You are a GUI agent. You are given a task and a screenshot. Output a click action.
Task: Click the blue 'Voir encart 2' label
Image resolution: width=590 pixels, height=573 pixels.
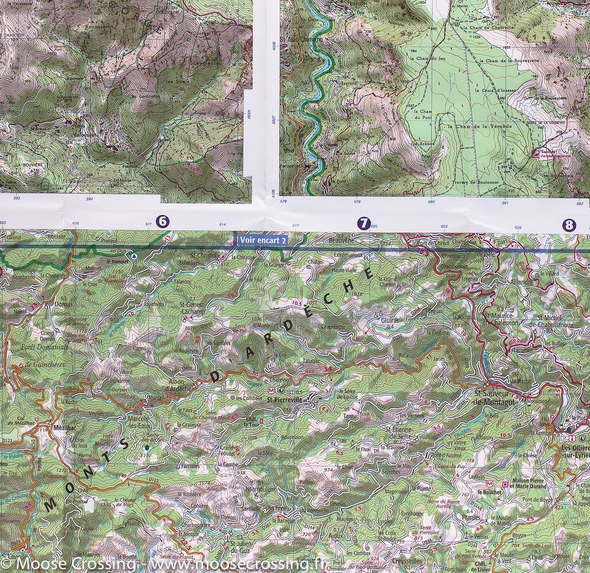click(262, 240)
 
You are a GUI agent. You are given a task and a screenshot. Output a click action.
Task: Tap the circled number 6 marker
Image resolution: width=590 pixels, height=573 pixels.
click(163, 222)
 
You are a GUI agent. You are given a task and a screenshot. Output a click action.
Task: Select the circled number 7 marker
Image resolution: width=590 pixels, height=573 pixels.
click(363, 224)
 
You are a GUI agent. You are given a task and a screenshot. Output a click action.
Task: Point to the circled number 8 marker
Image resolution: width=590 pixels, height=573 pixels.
click(569, 225)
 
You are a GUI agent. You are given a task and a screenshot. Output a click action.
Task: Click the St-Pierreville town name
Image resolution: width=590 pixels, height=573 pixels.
click(286, 400)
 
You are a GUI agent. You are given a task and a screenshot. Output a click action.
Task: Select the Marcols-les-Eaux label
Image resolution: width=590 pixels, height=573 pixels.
click(139, 422)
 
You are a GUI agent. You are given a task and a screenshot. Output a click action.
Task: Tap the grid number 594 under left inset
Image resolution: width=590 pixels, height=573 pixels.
click(89, 199)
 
